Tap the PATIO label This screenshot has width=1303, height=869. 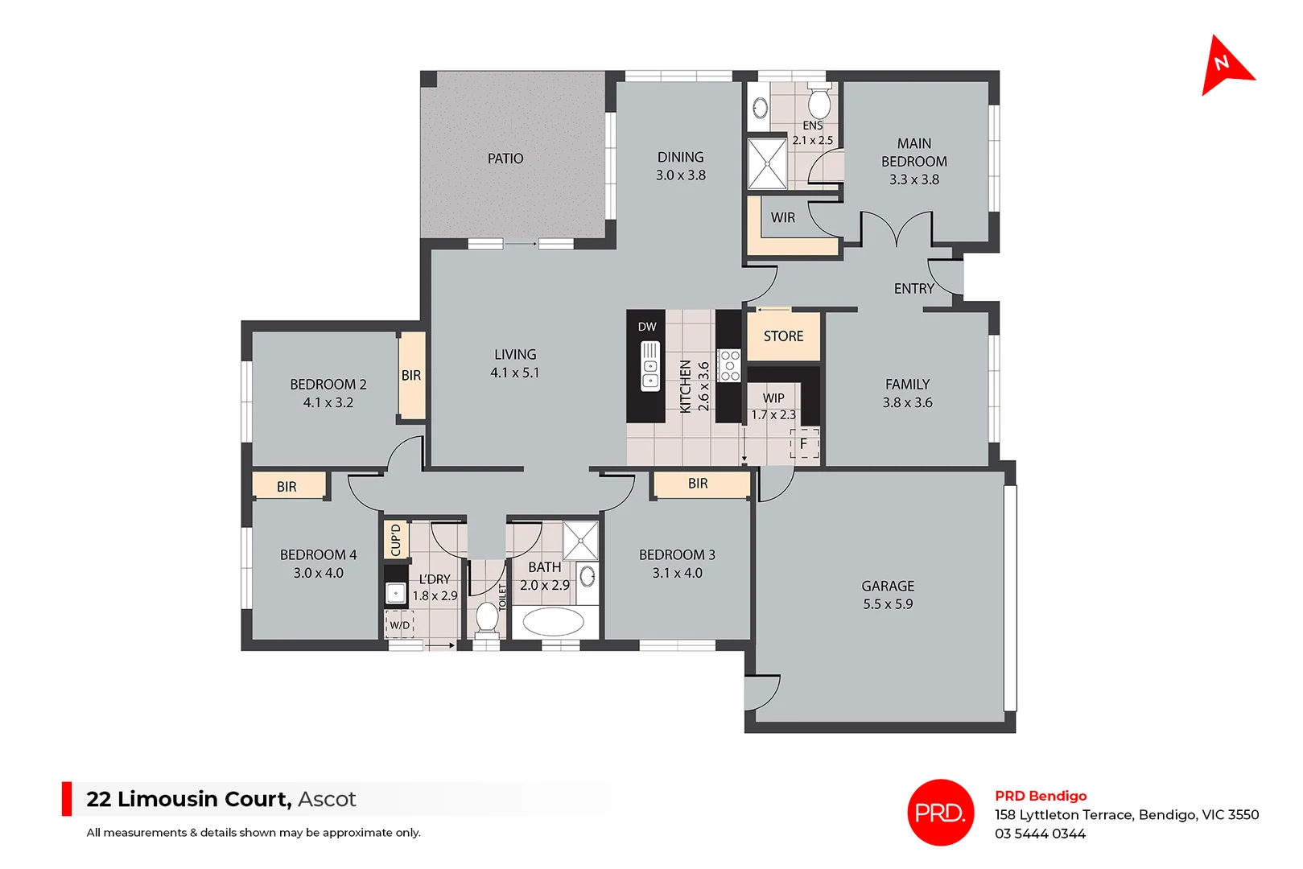point(505,159)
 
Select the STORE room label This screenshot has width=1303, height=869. point(783,336)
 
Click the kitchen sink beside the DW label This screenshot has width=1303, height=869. point(649,366)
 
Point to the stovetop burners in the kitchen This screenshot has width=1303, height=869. point(729,365)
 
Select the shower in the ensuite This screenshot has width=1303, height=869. point(767,163)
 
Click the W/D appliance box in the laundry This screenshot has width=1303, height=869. point(400,624)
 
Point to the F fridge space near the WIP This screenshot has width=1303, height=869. point(803,443)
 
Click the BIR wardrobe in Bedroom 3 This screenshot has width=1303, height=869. point(699,484)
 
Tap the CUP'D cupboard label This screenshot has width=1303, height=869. point(395,540)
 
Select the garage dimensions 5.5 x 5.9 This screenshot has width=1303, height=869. point(888,604)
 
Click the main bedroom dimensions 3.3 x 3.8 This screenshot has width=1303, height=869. point(913,179)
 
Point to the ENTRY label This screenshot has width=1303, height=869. point(913,288)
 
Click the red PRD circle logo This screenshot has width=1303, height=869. point(940,813)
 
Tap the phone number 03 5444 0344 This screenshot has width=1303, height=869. point(1039,834)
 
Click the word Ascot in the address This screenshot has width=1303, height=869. point(327,799)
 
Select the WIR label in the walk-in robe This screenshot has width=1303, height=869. point(782,217)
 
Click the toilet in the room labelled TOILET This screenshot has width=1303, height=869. point(487,617)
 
